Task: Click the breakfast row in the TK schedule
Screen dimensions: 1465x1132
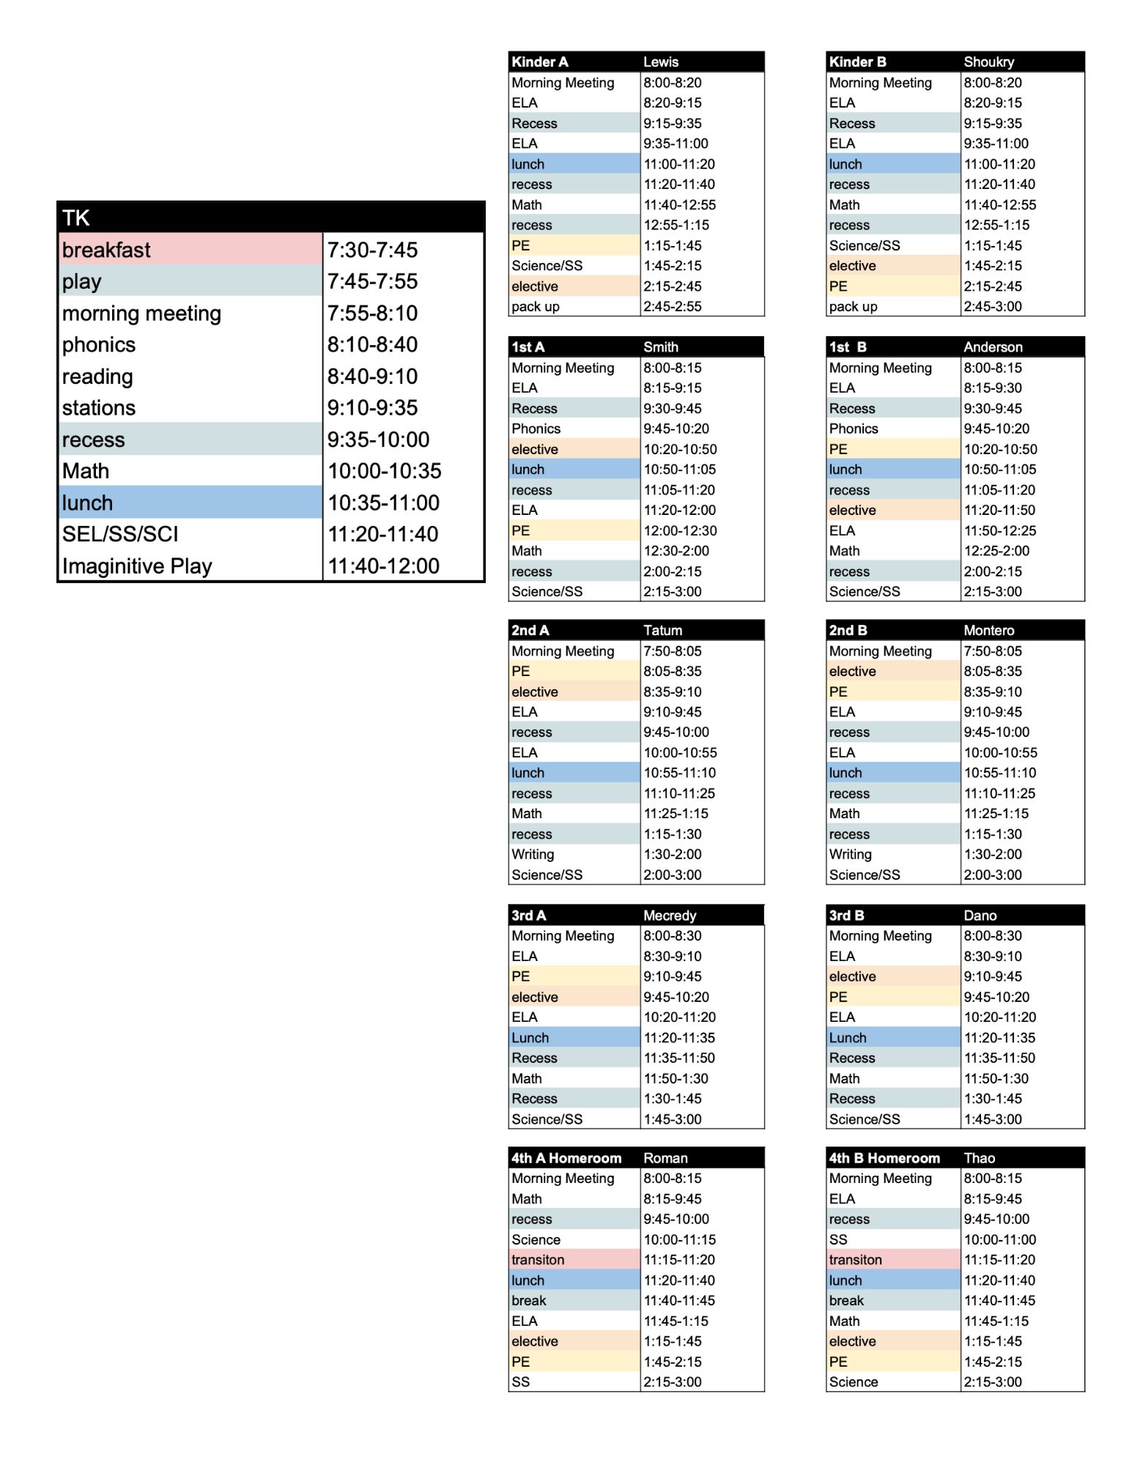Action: tap(107, 250)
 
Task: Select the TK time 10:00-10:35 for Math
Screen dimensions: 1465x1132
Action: tap(384, 471)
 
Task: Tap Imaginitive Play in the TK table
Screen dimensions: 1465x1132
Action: tap(137, 566)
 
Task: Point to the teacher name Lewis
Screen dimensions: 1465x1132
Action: tap(661, 62)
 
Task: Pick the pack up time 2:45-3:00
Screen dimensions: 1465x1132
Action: tap(992, 307)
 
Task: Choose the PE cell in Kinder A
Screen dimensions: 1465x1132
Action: tap(521, 245)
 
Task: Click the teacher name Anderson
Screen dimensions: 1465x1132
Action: tap(993, 347)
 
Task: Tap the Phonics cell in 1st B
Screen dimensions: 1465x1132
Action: tap(854, 429)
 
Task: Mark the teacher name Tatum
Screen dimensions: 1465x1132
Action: tap(662, 631)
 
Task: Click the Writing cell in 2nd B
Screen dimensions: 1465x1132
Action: tap(850, 854)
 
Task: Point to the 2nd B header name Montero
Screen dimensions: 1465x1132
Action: tap(988, 631)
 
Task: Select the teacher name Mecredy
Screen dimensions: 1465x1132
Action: tap(670, 916)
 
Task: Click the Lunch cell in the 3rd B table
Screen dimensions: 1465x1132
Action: tap(848, 1038)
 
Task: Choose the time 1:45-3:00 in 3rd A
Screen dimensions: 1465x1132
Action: tap(672, 1119)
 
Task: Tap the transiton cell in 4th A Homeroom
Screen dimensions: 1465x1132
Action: tap(538, 1260)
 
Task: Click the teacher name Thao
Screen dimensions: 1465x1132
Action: tap(979, 1158)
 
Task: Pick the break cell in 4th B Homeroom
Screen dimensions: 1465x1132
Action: tap(846, 1301)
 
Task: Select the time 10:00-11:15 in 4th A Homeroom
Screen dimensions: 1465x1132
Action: tap(679, 1239)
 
